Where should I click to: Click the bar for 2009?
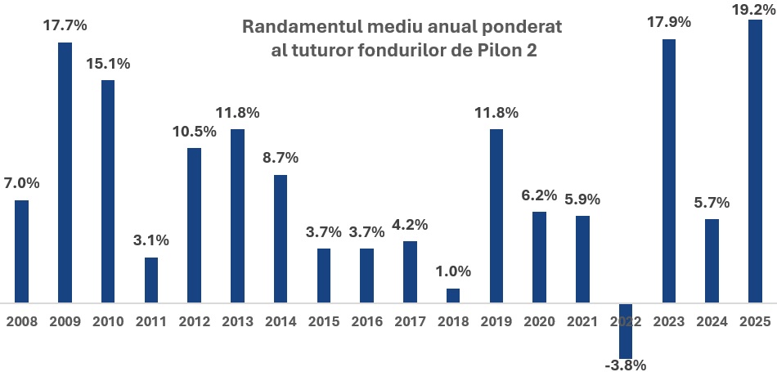pyautogui.click(x=65, y=172)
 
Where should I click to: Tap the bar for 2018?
pyautogui.click(x=453, y=295)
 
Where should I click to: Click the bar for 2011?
pyautogui.click(x=151, y=280)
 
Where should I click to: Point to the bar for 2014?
pyautogui.click(x=281, y=239)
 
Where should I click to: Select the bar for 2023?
pyautogui.click(x=668, y=171)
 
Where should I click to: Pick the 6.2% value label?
pyautogui.click(x=539, y=195)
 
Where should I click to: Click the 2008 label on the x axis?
pyautogui.click(x=22, y=321)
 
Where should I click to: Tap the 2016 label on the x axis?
pyautogui.click(x=366, y=321)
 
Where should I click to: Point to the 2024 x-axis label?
pyautogui.click(x=712, y=321)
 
